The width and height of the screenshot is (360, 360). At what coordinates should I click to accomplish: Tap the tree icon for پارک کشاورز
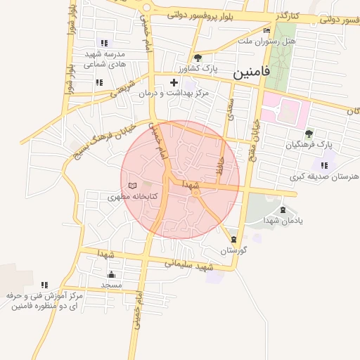[x=198, y=58]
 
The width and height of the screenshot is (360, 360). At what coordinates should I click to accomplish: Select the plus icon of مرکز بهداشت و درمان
[x=174, y=83]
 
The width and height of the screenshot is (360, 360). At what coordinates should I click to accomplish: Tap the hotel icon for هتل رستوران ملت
[x=266, y=31]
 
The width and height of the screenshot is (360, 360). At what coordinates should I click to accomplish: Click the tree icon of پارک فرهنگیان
[x=309, y=133]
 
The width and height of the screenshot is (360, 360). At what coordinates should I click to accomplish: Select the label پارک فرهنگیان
[x=308, y=144]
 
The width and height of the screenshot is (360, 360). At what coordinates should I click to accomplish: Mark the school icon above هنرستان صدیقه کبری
[x=323, y=165]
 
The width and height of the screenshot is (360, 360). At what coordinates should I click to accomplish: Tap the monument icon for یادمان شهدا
[x=283, y=210]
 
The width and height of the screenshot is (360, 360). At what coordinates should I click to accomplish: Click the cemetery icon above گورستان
[x=233, y=240]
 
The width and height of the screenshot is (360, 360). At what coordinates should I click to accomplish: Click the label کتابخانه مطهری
[x=131, y=198]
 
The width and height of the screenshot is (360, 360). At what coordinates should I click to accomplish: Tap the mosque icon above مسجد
[x=111, y=274]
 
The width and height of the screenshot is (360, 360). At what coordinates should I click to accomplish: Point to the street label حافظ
[x=219, y=167]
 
